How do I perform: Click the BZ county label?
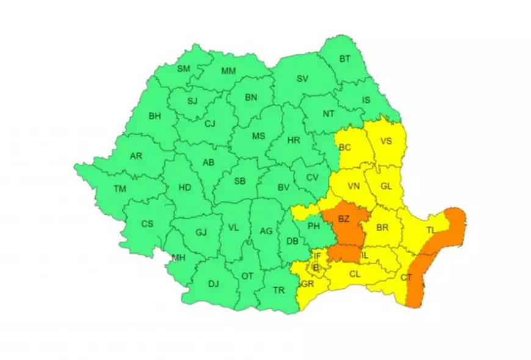(344, 218)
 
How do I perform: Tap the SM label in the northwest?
(184, 69)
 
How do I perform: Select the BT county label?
(345, 59)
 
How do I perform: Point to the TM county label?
(120, 189)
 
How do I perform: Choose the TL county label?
(431, 230)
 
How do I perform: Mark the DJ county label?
(213, 283)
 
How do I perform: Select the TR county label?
(279, 290)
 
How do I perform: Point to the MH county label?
(178, 257)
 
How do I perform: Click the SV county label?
(302, 79)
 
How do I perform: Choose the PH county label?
(314, 226)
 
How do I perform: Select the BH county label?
(154, 115)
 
